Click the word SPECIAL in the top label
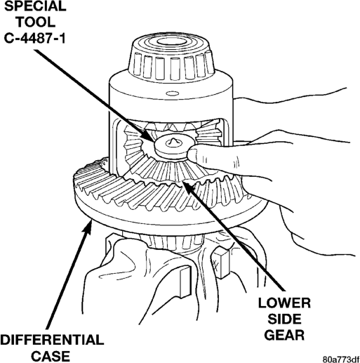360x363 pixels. pyautogui.click(x=35, y=6)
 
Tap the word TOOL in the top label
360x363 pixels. pyautogui.click(x=36, y=22)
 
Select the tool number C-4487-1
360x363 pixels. pyautogui.click(x=34, y=38)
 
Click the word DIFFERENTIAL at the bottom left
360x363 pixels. pyautogui.click(x=52, y=340)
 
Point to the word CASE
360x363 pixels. pyautogui.click(x=51, y=356)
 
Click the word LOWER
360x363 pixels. pyautogui.click(x=284, y=303)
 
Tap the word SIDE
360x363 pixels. pyautogui.click(x=284, y=319)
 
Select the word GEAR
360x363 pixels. pyautogui.click(x=284, y=335)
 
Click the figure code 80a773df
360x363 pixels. pyautogui.click(x=340, y=359)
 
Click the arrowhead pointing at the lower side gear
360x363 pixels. pyautogui.click(x=189, y=187)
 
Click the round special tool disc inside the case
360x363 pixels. pyautogui.click(x=172, y=147)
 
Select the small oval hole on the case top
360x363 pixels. pyautogui.click(x=173, y=93)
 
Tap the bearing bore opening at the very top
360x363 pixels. pyautogui.click(x=171, y=41)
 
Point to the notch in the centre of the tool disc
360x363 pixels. pyautogui.click(x=173, y=141)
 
